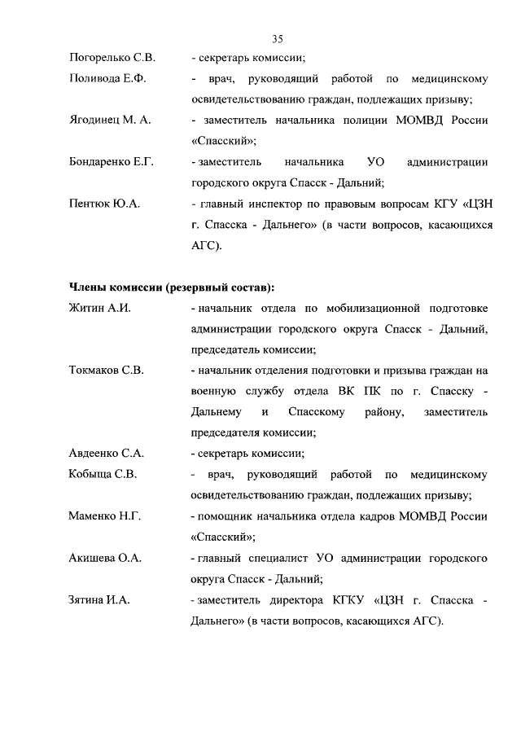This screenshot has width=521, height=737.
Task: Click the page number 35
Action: [x=277, y=38]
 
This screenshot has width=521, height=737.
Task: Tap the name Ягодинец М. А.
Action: [x=110, y=121]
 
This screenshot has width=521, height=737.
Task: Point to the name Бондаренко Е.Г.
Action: [x=112, y=163]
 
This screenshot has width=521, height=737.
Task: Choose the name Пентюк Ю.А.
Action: [x=104, y=204]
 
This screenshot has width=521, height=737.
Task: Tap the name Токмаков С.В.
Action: [x=106, y=371]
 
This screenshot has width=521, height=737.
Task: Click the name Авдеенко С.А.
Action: [x=107, y=454]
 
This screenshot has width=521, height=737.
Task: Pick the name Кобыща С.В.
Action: [x=103, y=475]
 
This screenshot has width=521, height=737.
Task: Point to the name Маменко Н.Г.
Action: [x=103, y=516]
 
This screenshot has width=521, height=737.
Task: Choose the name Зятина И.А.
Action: [x=100, y=601]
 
